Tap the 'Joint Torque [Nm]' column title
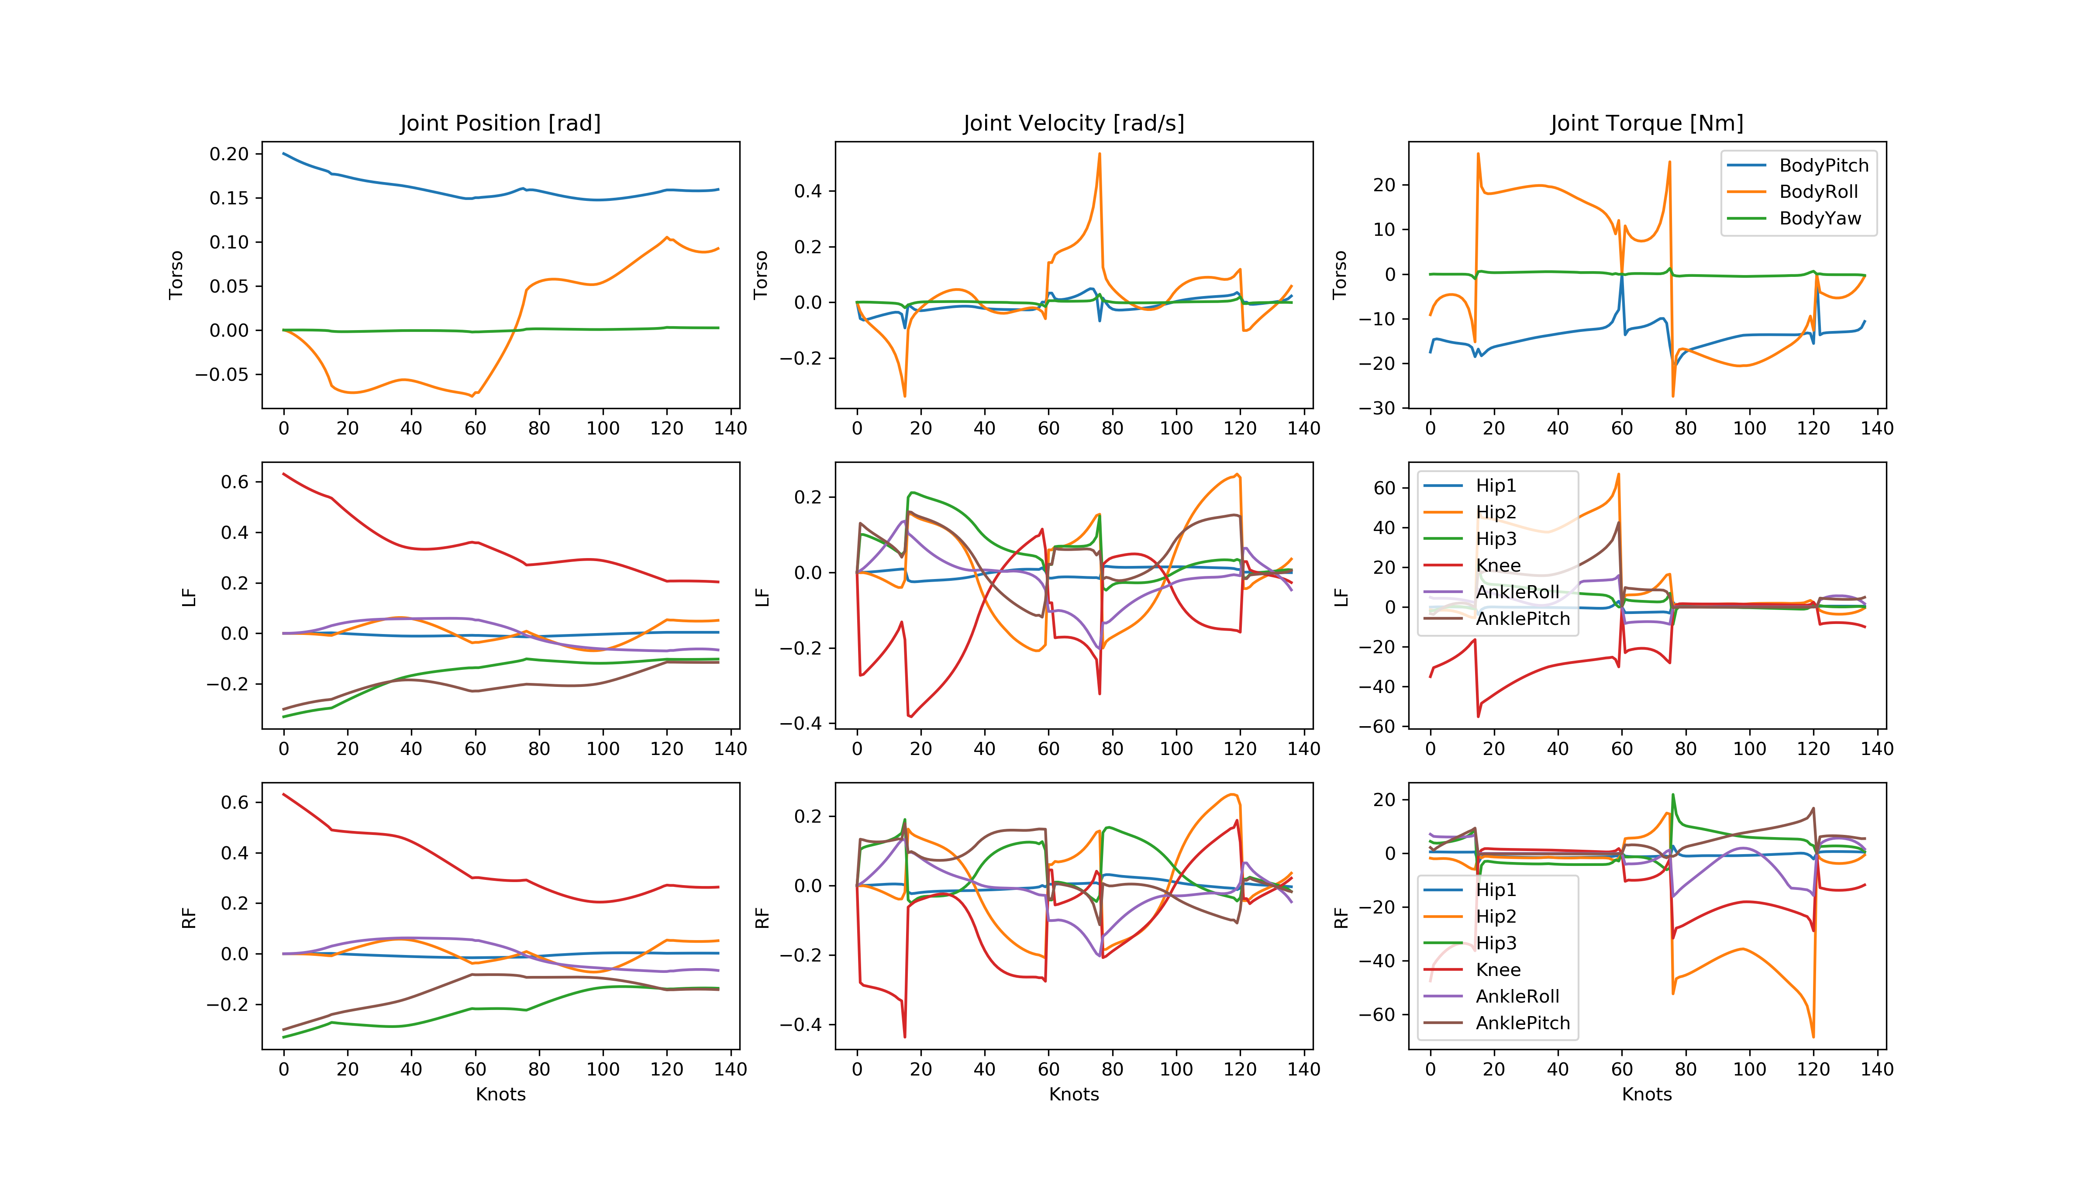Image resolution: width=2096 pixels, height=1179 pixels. [1646, 123]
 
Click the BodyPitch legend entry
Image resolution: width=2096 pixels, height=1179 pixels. [1823, 165]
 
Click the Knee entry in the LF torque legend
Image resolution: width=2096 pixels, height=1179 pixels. [1497, 565]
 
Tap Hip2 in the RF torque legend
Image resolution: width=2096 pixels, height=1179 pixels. [1496, 916]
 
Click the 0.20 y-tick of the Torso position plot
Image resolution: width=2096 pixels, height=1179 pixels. [229, 154]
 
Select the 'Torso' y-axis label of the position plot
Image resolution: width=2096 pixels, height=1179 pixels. [176, 275]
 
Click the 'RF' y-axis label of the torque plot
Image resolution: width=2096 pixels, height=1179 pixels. [1341, 918]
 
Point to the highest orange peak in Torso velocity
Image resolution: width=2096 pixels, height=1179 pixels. [1099, 154]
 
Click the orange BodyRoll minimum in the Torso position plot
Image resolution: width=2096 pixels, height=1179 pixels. [472, 396]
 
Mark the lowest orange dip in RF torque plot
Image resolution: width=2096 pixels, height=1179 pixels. [1813, 1036]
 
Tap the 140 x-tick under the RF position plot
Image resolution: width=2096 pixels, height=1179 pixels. [730, 1069]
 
